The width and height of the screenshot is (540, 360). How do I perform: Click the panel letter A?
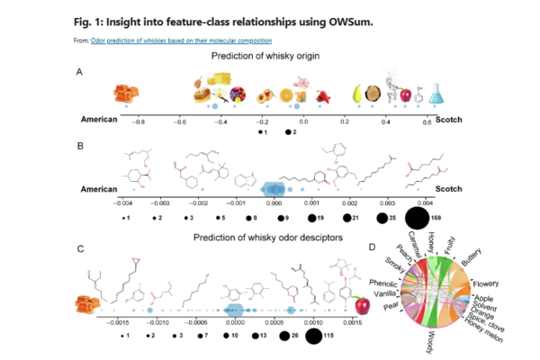[80, 75]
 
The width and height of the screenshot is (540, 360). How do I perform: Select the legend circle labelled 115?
[313, 336]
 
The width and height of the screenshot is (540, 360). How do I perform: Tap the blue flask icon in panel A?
[431, 91]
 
